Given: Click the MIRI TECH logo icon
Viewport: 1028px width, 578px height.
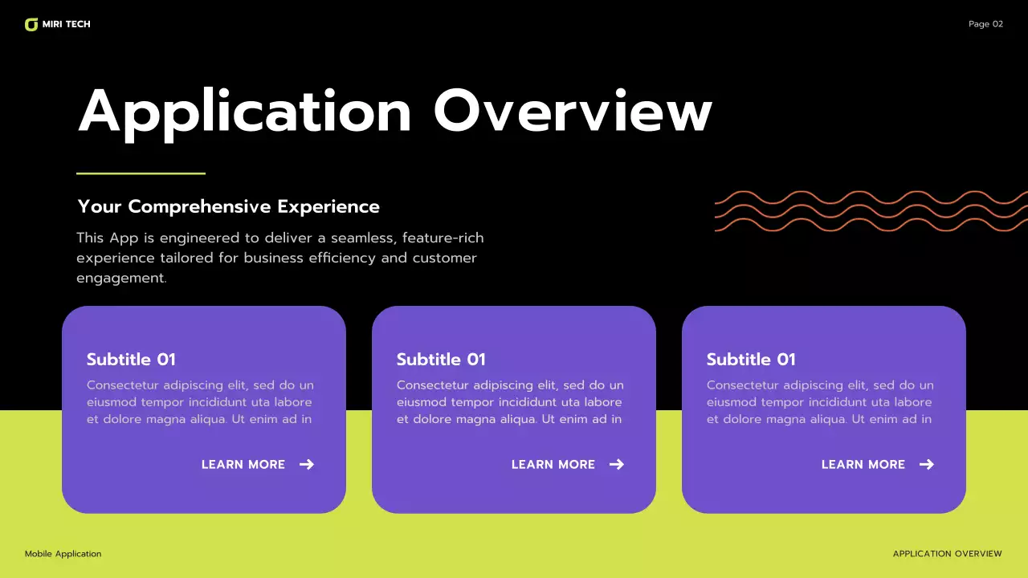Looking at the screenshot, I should click(31, 25).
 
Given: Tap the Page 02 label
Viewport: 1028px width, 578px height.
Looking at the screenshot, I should click(985, 24).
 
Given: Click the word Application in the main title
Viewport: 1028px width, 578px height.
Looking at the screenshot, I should click(245, 112).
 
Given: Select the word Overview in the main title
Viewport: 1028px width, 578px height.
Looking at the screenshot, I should click(573, 112).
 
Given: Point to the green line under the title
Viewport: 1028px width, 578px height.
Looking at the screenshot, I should click(141, 173).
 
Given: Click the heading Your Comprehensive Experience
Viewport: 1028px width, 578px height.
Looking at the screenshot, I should click(228, 206).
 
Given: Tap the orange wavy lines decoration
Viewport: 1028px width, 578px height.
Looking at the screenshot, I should click(871, 211).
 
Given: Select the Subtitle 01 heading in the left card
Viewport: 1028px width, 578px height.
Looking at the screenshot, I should click(131, 360).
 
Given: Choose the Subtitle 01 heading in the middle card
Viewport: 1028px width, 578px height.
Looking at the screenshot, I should click(441, 360).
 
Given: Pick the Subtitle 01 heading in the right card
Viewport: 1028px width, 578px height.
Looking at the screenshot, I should click(751, 360).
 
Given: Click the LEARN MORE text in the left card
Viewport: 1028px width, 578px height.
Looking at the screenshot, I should click(243, 465).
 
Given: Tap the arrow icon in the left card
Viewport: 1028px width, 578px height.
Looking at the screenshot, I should click(306, 464).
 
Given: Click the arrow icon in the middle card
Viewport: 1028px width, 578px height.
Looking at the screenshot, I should click(616, 464).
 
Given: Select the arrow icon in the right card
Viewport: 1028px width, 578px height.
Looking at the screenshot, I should click(926, 464).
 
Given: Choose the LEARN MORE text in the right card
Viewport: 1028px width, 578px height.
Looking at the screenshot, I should click(863, 465).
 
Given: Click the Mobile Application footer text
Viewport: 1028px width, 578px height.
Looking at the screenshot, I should click(63, 554).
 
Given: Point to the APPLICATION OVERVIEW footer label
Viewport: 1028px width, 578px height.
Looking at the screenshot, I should click(947, 554).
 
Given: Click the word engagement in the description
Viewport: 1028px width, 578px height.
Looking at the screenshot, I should click(120, 279).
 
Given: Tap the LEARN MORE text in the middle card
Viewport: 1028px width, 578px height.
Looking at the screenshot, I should click(553, 465).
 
